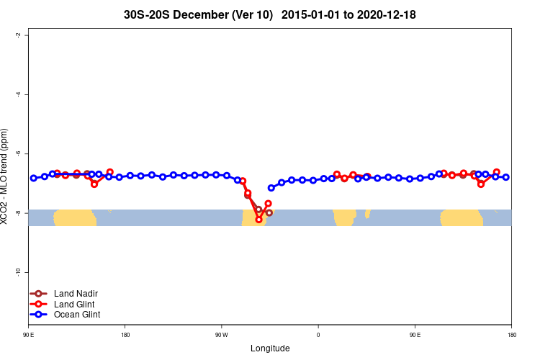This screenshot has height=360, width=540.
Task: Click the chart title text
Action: point(270,14)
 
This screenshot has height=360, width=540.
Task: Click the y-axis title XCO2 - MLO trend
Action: point(6,176)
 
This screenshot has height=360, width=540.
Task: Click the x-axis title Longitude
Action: point(270,348)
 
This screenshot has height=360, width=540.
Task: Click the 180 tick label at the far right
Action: point(511,335)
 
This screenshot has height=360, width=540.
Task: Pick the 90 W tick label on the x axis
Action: point(222,335)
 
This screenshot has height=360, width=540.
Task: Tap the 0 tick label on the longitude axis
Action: point(318,335)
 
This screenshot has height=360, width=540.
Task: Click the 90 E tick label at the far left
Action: point(29,335)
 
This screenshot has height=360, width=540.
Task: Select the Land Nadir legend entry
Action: point(76,294)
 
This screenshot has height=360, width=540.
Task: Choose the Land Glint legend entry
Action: point(75,304)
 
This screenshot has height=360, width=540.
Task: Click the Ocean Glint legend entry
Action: point(77,315)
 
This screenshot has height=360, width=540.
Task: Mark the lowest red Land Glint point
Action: point(258,219)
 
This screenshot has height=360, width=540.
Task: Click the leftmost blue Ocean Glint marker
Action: point(34,178)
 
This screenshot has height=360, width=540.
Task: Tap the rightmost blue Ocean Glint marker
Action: point(506,177)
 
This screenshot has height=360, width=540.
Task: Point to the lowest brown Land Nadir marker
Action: point(269,212)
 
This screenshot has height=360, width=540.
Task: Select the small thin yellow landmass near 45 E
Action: point(367,214)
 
